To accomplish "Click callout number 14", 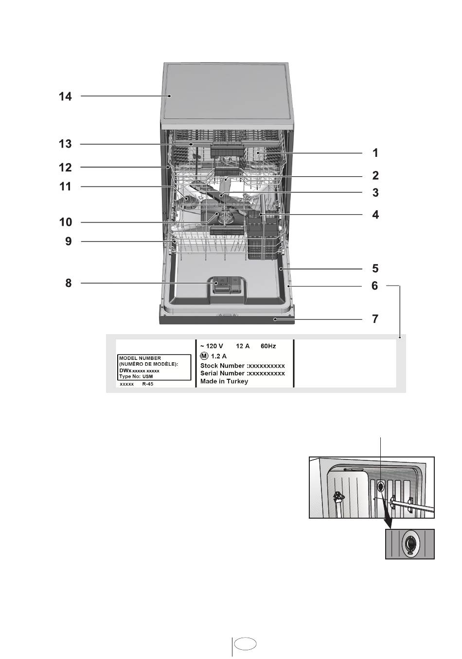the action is pos(66,97).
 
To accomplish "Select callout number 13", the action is pos(66,144).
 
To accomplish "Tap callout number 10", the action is pos(66,222).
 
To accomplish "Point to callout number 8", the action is pos(69,283).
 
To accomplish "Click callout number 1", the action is pos(375,153).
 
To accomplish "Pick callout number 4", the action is pos(375,215).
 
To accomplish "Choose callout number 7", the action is pos(375,319).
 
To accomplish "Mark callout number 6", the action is pos(374,286).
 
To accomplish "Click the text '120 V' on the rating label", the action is pos(214,346).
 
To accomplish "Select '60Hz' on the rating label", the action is pos(268,346).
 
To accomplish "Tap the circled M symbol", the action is pos(204,356).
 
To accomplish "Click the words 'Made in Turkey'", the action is pos(224,381).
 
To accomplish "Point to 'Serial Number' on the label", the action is pos(223,373).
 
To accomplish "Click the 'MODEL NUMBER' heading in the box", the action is pos(140,358).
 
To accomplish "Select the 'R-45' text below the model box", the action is pos(148,384).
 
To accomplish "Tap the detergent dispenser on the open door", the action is pos(227,285).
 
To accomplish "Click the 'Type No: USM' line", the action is pos(136,376).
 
